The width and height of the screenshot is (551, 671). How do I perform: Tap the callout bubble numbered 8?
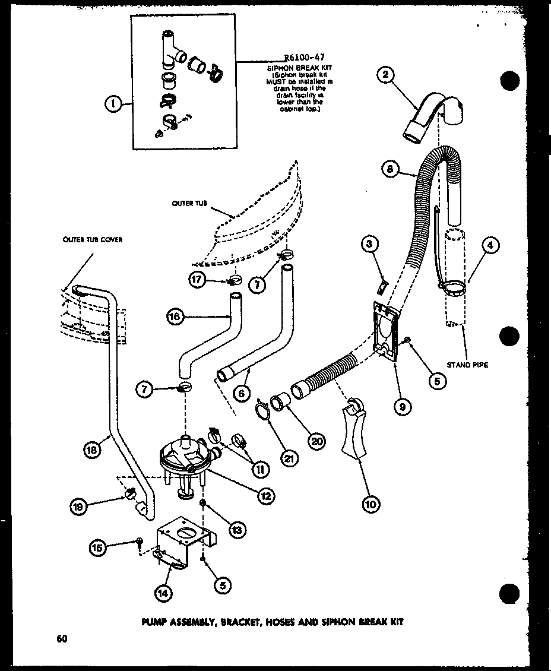pyautogui.click(x=389, y=169)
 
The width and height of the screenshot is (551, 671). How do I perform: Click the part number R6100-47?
pyautogui.click(x=304, y=58)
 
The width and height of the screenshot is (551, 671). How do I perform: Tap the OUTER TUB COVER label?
pyautogui.click(x=93, y=240)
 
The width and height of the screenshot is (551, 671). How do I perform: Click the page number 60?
pyautogui.click(x=61, y=639)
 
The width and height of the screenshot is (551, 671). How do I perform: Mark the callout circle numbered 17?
pyautogui.click(x=198, y=280)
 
